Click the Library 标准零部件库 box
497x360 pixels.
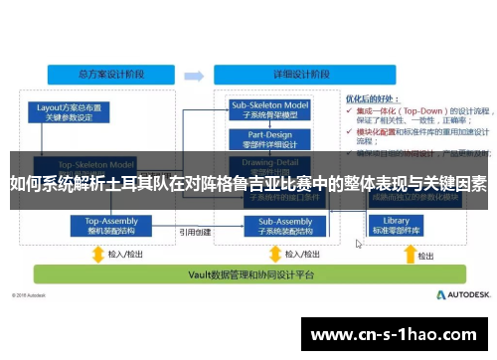click(396, 225)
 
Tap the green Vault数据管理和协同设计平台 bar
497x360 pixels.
click(230, 274)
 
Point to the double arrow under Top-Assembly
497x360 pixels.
click(98, 253)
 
